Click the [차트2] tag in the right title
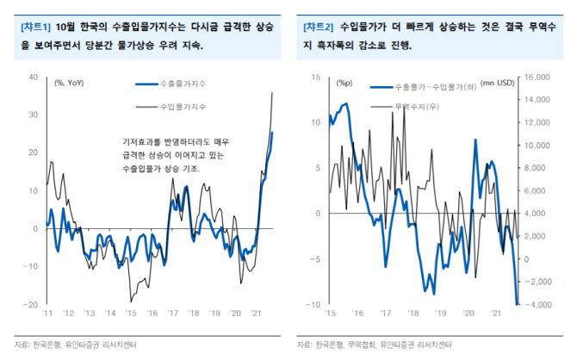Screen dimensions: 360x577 (319, 27)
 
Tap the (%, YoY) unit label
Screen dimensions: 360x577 (72, 84)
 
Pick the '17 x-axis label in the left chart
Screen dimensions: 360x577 (173, 313)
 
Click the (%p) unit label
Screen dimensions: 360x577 (344, 84)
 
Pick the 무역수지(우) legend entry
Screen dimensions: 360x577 (413, 109)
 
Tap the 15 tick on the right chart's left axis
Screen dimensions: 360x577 (315, 77)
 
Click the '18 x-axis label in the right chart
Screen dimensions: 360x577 (413, 313)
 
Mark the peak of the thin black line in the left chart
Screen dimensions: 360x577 (273, 91)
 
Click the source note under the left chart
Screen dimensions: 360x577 (82, 344)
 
